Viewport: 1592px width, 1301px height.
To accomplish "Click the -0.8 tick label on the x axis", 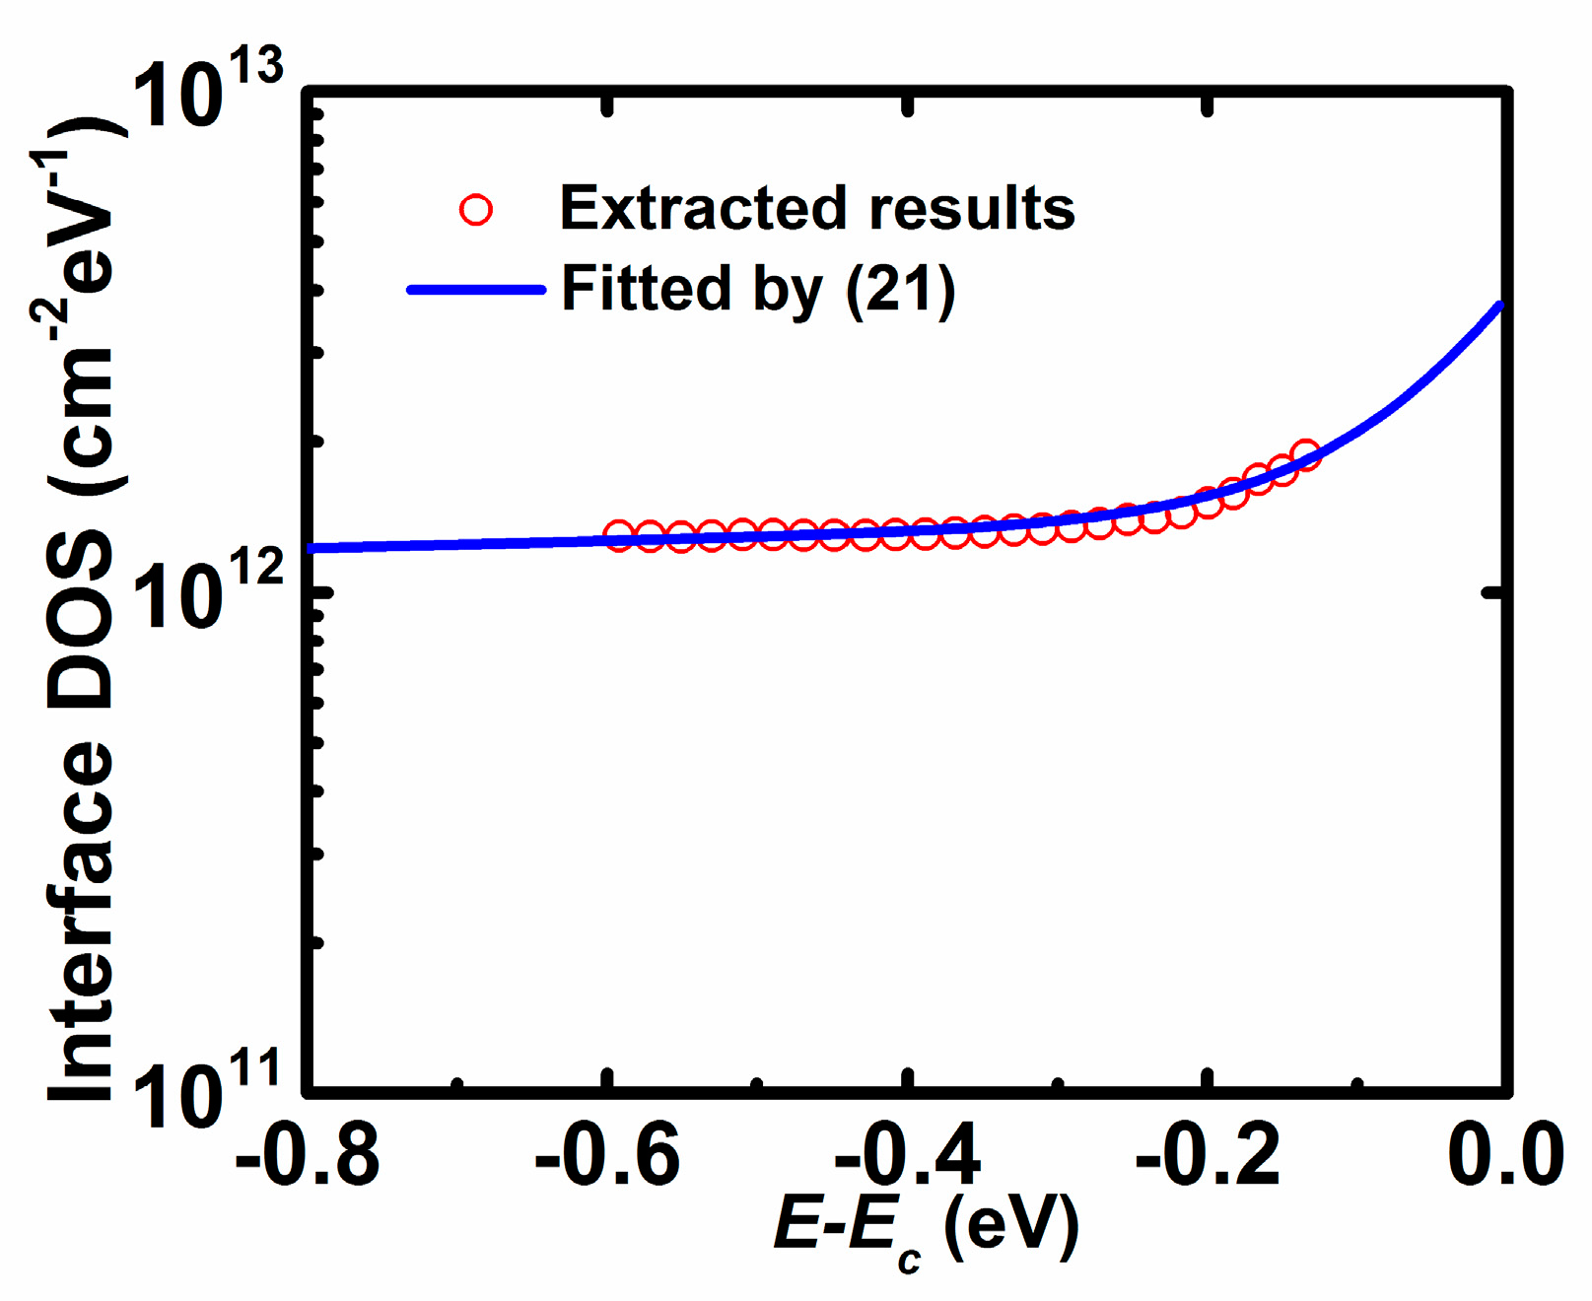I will (x=308, y=1155).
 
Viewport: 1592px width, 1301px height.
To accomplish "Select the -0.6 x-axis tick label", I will (x=607, y=1155).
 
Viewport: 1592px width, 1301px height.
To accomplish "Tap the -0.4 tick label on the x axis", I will (x=907, y=1155).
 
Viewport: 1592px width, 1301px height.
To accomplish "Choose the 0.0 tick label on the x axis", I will (x=1504, y=1155).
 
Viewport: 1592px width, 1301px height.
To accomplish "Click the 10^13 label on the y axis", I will (x=207, y=94).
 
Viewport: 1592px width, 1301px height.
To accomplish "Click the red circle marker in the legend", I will (x=476, y=210).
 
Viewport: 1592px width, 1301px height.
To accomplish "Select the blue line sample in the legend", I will (x=476, y=290).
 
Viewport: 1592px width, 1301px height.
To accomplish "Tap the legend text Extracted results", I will (x=816, y=209).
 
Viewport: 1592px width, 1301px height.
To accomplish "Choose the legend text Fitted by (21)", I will (x=758, y=290).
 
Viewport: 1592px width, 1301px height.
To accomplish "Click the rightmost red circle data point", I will (x=1305, y=455).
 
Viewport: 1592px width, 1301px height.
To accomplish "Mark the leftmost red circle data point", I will (x=618, y=536).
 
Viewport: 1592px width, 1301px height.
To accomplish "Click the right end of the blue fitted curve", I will (x=1499, y=307).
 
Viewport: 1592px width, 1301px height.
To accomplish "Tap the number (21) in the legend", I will (x=900, y=290).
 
